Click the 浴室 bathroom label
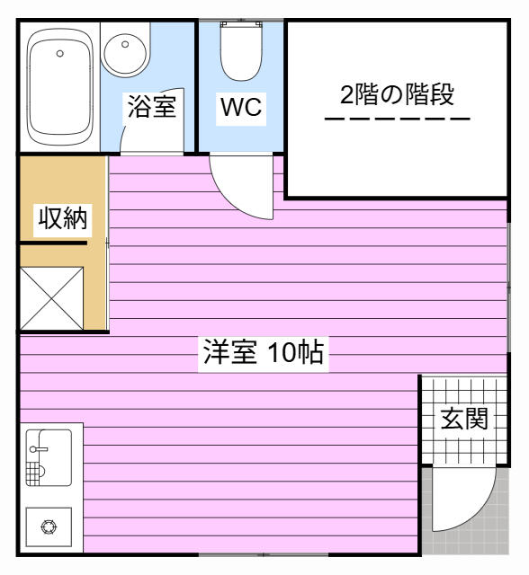click(152, 106)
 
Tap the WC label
click(241, 107)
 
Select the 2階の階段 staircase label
click(397, 94)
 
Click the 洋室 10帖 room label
click(264, 352)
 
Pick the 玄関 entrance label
click(464, 419)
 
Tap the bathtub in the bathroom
click(60, 88)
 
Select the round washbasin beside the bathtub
click(125, 54)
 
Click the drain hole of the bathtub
click(60, 54)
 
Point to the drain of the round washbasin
click(125, 44)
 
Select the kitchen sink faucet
click(38, 449)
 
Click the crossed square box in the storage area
click(52, 298)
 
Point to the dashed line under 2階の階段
click(398, 119)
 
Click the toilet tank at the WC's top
click(241, 25)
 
